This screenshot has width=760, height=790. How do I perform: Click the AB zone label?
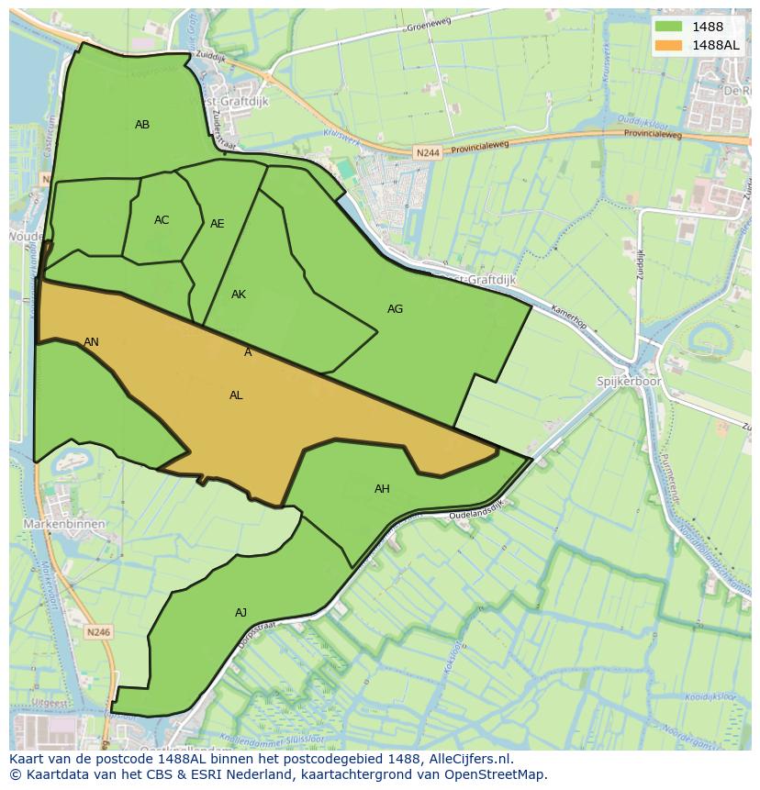142,125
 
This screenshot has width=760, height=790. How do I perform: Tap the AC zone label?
162,220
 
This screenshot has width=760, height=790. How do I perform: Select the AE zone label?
218,224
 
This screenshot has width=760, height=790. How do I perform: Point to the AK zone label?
239,295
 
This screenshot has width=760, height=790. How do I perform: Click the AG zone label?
395,309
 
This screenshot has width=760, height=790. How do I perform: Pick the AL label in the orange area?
236,395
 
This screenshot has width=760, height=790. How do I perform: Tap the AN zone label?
91,342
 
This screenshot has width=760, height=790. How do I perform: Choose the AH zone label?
382,489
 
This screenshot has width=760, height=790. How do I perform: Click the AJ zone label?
240,613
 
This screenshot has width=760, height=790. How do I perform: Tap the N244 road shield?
427,153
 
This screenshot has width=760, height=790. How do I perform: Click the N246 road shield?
98,631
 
